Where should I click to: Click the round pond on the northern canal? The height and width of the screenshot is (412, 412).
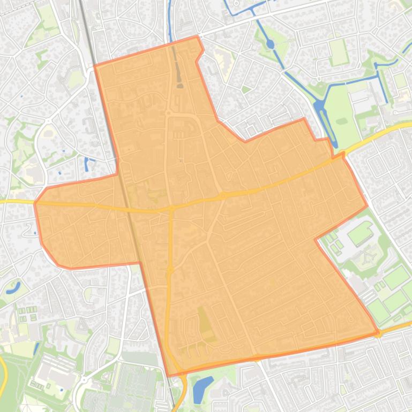(x=270, y=44)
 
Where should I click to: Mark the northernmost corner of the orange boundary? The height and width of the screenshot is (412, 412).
(x=197, y=36)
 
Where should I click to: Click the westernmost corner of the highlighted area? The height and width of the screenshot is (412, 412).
(x=35, y=203)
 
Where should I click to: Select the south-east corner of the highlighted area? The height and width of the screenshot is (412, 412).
(x=378, y=333)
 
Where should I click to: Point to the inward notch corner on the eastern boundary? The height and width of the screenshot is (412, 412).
(x=316, y=239)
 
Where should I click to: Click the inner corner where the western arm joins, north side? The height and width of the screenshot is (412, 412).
(x=117, y=173)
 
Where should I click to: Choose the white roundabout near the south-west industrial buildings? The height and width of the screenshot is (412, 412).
(x=83, y=380)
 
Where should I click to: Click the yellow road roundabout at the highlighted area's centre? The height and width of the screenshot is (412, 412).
(x=222, y=196)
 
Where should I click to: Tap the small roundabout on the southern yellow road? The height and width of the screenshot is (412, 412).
(x=170, y=270)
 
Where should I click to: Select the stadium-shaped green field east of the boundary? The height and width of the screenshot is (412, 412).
(x=360, y=234)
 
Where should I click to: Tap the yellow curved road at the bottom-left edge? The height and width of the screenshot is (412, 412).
(x=3, y=375)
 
